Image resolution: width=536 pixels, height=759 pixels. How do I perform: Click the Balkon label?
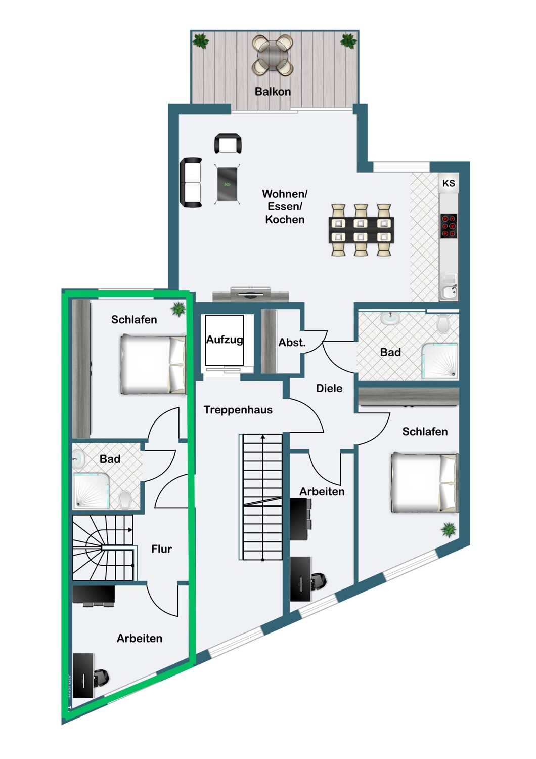273,92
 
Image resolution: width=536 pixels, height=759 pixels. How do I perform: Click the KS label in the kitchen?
449,183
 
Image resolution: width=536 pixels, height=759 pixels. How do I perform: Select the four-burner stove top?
449,226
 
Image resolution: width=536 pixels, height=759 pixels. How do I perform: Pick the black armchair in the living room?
228,144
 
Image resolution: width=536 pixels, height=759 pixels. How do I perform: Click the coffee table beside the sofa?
227,184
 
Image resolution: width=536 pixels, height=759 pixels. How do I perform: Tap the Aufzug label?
224,340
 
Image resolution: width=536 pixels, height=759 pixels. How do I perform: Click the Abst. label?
292,343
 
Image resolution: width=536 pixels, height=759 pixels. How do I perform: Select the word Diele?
329,388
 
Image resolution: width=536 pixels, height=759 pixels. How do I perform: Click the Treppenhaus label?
238,410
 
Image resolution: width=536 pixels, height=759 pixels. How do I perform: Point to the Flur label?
161,549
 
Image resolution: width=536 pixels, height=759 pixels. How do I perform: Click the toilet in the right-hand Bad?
443,324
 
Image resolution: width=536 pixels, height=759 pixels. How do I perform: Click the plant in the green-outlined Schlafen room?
178,308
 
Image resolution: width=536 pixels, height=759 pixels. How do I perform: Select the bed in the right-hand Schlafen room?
424,482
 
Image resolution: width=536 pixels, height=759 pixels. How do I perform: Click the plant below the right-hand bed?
449,530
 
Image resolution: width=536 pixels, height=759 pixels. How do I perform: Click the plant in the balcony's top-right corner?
348,40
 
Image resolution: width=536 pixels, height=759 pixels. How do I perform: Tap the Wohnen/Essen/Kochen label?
285,206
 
